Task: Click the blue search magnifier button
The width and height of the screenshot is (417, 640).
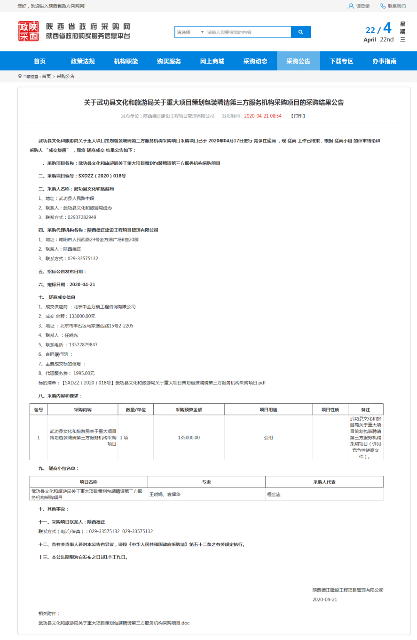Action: point(301,32)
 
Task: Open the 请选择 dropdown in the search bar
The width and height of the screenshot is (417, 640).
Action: point(190,32)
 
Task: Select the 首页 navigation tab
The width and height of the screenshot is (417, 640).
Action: point(40,61)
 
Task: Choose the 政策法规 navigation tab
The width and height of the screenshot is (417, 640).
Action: point(83,61)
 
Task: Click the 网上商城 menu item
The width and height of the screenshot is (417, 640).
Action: point(212,61)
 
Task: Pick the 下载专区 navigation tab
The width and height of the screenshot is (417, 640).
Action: point(341,61)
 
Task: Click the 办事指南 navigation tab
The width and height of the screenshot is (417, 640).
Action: point(384,61)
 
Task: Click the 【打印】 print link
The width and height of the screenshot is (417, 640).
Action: point(298,116)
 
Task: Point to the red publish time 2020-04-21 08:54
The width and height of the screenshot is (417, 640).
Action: point(263,116)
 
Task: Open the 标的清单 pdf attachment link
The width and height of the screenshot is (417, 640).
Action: point(164,383)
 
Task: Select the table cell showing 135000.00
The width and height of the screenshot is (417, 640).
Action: point(189,438)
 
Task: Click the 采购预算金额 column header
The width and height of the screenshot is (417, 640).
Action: point(189,409)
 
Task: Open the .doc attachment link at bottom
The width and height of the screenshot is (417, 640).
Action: point(114,623)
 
